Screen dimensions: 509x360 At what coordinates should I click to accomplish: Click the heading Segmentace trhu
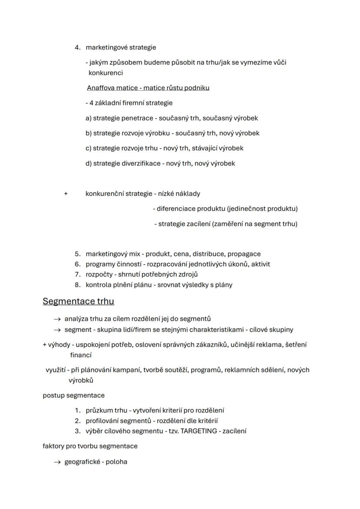(x=78, y=301)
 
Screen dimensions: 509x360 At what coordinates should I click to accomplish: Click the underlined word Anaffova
(x=100, y=88)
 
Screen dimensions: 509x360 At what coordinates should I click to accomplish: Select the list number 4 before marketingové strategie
(x=77, y=47)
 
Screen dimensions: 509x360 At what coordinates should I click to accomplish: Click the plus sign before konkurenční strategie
(x=66, y=194)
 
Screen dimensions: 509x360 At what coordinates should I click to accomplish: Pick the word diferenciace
(x=176, y=209)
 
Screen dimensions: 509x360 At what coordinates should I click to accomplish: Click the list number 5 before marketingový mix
(x=77, y=254)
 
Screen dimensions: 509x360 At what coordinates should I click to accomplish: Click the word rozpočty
(x=99, y=274)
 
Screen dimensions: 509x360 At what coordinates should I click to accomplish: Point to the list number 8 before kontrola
(x=77, y=285)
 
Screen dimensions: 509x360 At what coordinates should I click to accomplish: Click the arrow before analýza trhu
(x=57, y=319)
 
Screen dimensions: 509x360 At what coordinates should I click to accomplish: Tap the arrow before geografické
(x=57, y=462)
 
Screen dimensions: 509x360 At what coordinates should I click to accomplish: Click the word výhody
(x=59, y=345)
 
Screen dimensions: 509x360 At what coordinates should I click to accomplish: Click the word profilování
(x=103, y=421)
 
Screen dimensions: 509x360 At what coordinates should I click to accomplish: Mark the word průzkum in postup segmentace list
(x=100, y=410)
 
